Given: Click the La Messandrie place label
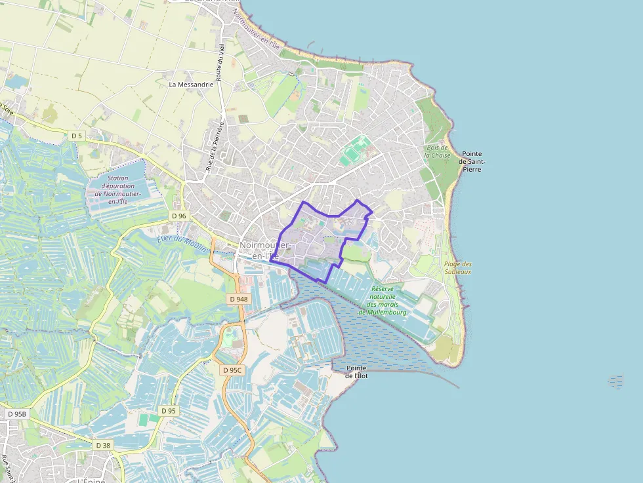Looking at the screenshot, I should point(191,84).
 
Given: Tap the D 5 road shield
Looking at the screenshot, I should point(77,136).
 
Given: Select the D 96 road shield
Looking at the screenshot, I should point(179,216).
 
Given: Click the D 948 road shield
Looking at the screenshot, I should point(239,299).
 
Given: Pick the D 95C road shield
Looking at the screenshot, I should point(232,370).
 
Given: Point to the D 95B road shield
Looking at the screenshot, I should point(18,414).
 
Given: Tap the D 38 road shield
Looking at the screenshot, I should point(104,445).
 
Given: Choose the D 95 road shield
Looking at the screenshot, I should point(168,411).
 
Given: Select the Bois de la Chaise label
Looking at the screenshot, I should point(438,151).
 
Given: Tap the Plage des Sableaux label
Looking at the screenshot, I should point(458,267).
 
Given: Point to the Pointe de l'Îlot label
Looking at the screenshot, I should point(356,372).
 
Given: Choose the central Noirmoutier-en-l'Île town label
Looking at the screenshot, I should point(264,250).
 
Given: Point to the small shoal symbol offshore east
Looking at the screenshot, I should point(615,381).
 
